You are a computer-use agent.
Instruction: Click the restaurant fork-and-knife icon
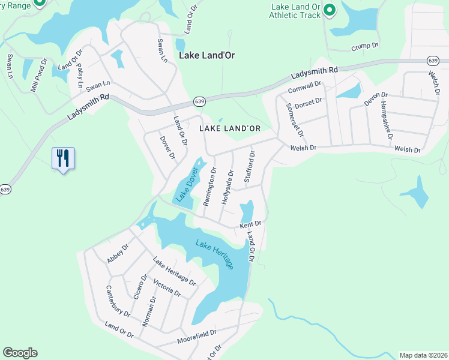[63, 158]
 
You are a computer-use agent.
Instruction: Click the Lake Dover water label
[187, 184]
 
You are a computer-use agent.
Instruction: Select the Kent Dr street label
[251, 224]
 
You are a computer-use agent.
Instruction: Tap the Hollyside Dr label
[227, 187]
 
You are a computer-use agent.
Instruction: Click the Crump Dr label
[364, 46]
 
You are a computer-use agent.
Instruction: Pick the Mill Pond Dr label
[40, 74]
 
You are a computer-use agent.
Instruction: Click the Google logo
[20, 353]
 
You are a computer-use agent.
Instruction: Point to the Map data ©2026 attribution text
[423, 355]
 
